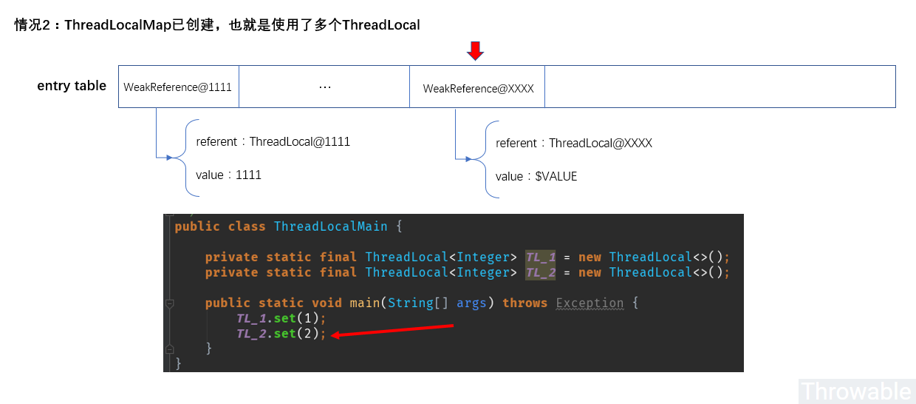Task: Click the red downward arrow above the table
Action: pos(476,50)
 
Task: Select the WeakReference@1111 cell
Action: pos(178,87)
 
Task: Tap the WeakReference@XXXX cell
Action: pos(478,88)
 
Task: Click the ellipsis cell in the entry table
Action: pos(324,87)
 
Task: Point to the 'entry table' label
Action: pos(72,86)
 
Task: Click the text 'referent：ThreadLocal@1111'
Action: pos(273,141)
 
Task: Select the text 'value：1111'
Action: pos(228,175)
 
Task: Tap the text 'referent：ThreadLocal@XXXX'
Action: pos(573,143)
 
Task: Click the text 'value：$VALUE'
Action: pos(536,177)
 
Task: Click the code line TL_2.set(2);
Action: pos(281,334)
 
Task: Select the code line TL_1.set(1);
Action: pos(281,318)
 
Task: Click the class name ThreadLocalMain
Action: pos(330,226)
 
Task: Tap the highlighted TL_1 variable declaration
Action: pos(540,257)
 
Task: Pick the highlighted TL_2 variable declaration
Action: pos(540,273)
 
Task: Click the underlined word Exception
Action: pos(589,303)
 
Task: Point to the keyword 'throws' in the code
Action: pos(524,303)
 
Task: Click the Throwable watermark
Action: pos(857,391)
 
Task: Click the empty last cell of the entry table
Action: pos(720,87)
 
